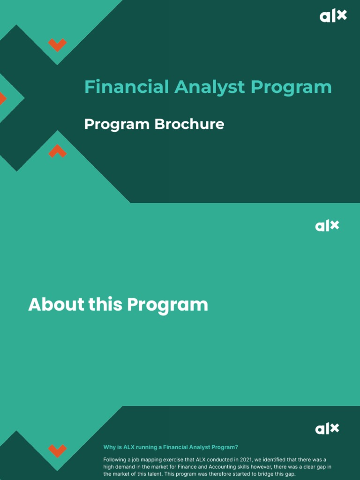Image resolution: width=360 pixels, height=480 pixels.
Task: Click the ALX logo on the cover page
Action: pos(333,16)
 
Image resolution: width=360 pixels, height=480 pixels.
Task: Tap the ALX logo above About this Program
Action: pos(327,225)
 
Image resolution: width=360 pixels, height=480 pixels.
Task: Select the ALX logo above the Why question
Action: pos(327,428)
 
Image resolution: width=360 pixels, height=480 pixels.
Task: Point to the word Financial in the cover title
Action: pos(126,87)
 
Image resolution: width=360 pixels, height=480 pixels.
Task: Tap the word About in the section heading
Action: pos(56,305)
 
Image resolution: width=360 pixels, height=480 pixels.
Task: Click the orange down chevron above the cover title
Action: pos(57,45)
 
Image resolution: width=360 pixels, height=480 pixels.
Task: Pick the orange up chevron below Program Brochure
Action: pos(57,151)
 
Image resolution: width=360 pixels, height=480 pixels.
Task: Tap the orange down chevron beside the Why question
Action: pos(57,450)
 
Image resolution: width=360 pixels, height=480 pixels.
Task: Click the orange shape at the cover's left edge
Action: pos(2,98)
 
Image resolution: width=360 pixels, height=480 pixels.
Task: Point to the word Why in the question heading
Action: pos(109,447)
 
